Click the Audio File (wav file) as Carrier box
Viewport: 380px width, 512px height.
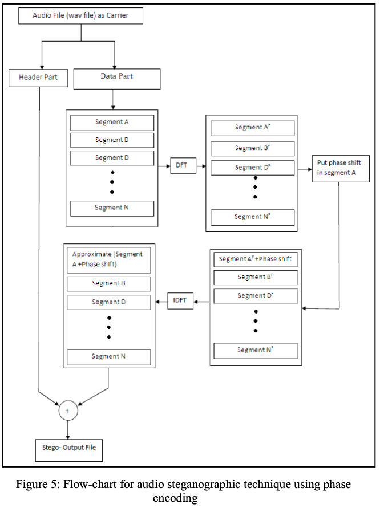(x=80, y=15)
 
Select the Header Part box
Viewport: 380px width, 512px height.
(x=39, y=78)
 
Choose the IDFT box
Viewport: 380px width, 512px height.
(x=180, y=300)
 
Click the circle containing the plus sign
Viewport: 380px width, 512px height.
(x=67, y=411)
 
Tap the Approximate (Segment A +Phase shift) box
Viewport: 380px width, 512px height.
(x=108, y=259)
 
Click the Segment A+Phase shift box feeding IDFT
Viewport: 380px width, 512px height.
(x=256, y=259)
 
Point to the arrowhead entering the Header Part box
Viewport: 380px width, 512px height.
(x=41, y=65)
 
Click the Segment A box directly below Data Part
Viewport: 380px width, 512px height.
(x=112, y=123)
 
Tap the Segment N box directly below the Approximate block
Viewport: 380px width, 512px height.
(x=108, y=357)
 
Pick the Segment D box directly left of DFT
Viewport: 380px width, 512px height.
(x=112, y=158)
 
